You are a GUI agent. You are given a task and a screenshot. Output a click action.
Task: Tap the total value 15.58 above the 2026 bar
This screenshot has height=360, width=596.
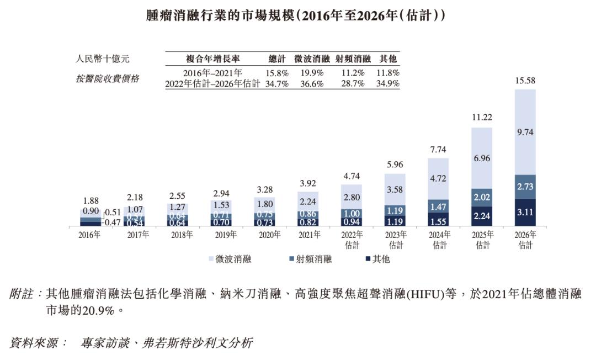pyautogui.click(x=525, y=81)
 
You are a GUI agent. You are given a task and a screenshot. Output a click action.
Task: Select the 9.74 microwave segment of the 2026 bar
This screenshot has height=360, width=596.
pyautogui.click(x=525, y=133)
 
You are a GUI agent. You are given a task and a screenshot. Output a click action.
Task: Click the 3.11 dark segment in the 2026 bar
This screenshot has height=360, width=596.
pyautogui.click(x=525, y=211)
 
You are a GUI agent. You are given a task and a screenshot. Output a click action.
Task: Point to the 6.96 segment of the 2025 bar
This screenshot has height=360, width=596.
pyautogui.click(x=482, y=158)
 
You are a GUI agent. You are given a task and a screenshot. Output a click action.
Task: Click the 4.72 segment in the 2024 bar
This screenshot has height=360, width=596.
pyautogui.click(x=438, y=178)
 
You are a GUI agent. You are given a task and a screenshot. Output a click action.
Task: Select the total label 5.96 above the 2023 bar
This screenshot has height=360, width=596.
pyautogui.click(x=395, y=164)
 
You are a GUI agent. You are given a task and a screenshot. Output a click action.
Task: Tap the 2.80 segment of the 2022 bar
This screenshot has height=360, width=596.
pyautogui.click(x=352, y=197)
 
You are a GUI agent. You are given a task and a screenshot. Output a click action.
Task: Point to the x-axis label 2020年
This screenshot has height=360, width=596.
pyautogui.click(x=265, y=235)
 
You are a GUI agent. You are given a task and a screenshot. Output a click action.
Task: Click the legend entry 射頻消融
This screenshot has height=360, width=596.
pyautogui.click(x=310, y=259)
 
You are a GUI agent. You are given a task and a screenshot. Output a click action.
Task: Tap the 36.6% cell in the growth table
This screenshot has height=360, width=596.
pyautogui.click(x=312, y=83)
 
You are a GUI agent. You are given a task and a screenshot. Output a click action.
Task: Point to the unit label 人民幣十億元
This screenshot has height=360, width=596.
pyautogui.click(x=103, y=59)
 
